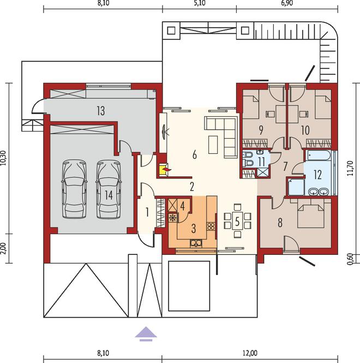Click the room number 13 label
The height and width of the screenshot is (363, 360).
coord(101,111)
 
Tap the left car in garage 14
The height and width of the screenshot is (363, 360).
coord(74,189)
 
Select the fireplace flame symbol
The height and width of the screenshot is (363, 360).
coord(166,170)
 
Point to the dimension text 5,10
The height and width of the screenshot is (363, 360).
coord(200,3)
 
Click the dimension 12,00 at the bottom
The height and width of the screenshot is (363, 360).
coord(250,353)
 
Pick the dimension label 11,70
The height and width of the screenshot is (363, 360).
coord(350,168)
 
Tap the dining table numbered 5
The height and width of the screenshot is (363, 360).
coord(237,221)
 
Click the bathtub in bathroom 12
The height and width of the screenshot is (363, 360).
coord(317,156)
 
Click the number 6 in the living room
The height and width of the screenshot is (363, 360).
coord(195,154)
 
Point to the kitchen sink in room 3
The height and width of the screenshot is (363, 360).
coord(196,243)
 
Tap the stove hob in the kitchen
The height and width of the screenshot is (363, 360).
coord(211,226)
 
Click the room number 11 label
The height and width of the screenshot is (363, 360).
coord(261,162)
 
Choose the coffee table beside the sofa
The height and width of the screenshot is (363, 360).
coord(213,145)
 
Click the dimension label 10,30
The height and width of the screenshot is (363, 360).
coord(3,158)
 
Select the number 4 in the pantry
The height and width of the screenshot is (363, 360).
coord(183,206)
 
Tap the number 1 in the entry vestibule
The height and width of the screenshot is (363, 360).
coord(147,212)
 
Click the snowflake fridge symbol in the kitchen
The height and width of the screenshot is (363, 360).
coord(172,218)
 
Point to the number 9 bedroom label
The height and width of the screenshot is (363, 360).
coord(261,130)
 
